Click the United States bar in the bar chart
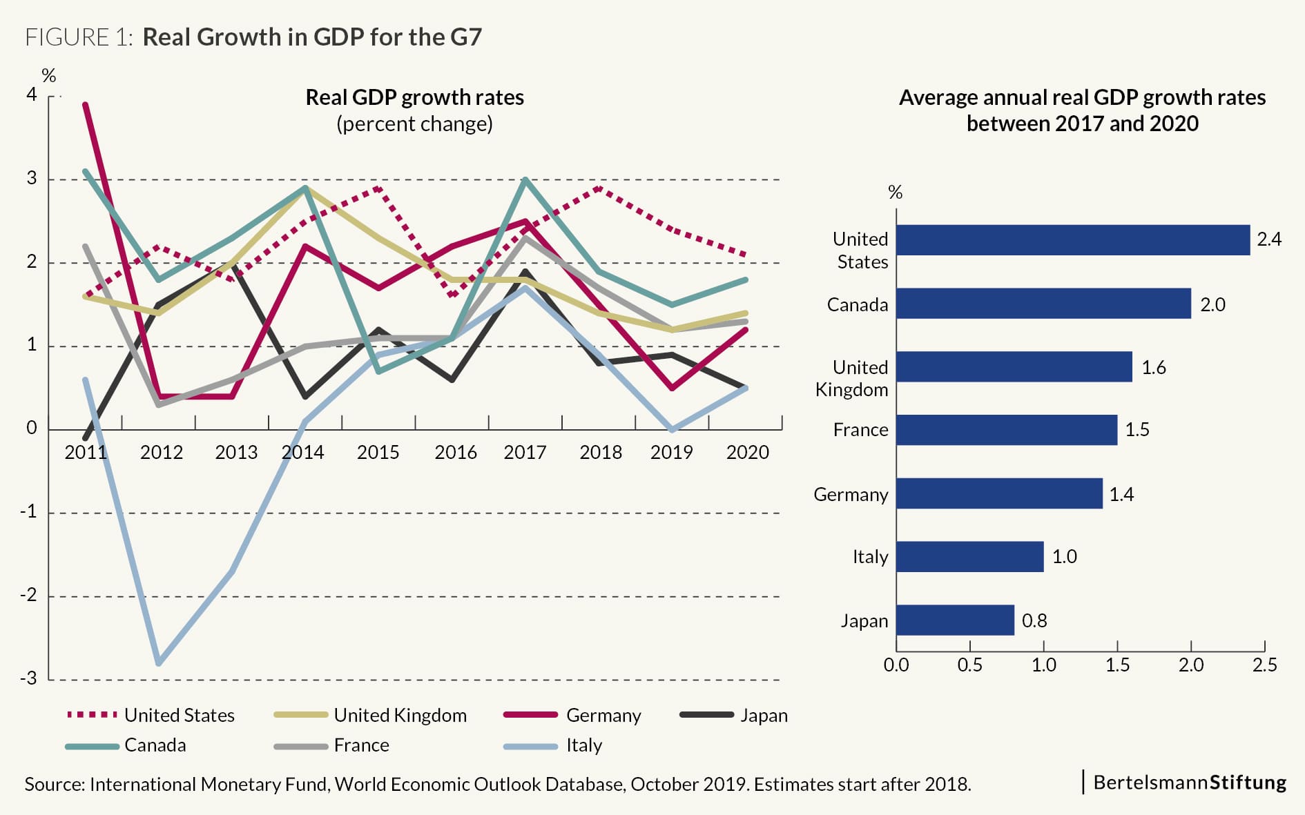(x=1072, y=240)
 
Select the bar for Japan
(x=955, y=620)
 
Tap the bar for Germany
(x=998, y=493)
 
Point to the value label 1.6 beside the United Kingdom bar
(x=1153, y=367)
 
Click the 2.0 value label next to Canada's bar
(x=1212, y=304)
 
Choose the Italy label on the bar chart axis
(x=870, y=556)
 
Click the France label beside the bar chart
(x=860, y=429)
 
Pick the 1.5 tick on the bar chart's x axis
(x=1117, y=665)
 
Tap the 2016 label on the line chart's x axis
(x=455, y=452)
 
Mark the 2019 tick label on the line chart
(x=671, y=452)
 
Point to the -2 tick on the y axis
(x=29, y=595)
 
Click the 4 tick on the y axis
(x=32, y=95)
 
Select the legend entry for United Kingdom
(x=400, y=715)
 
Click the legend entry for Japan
(x=763, y=715)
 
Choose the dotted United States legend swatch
(x=92, y=715)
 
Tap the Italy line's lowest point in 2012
(x=159, y=663)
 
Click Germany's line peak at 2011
(x=85, y=105)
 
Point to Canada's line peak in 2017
(x=525, y=180)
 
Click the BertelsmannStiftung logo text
(x=1189, y=782)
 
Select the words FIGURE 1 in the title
(x=78, y=37)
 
